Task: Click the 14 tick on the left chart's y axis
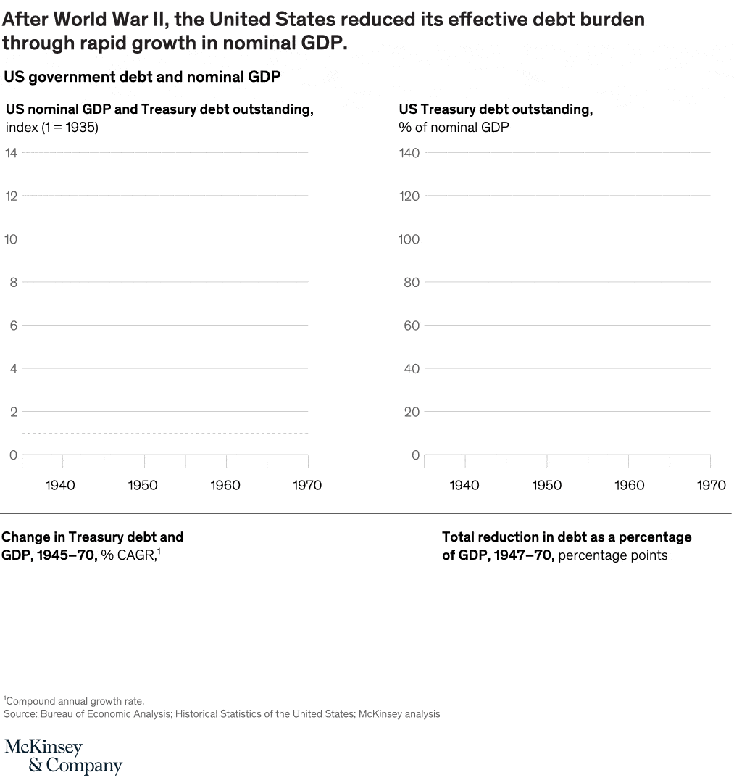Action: point(11,152)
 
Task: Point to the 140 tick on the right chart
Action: point(409,152)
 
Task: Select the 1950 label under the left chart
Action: point(143,485)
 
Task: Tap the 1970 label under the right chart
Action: point(711,485)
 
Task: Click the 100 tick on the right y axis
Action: point(409,239)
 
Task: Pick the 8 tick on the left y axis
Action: point(13,282)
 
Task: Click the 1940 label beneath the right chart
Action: point(464,485)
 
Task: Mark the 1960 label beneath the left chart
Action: point(225,485)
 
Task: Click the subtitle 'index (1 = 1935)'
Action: point(51,128)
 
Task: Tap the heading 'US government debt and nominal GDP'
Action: point(142,76)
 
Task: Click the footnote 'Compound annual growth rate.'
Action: point(75,701)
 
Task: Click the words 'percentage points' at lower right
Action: point(613,555)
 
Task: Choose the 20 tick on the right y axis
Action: point(412,412)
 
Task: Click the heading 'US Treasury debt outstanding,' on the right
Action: point(496,109)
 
